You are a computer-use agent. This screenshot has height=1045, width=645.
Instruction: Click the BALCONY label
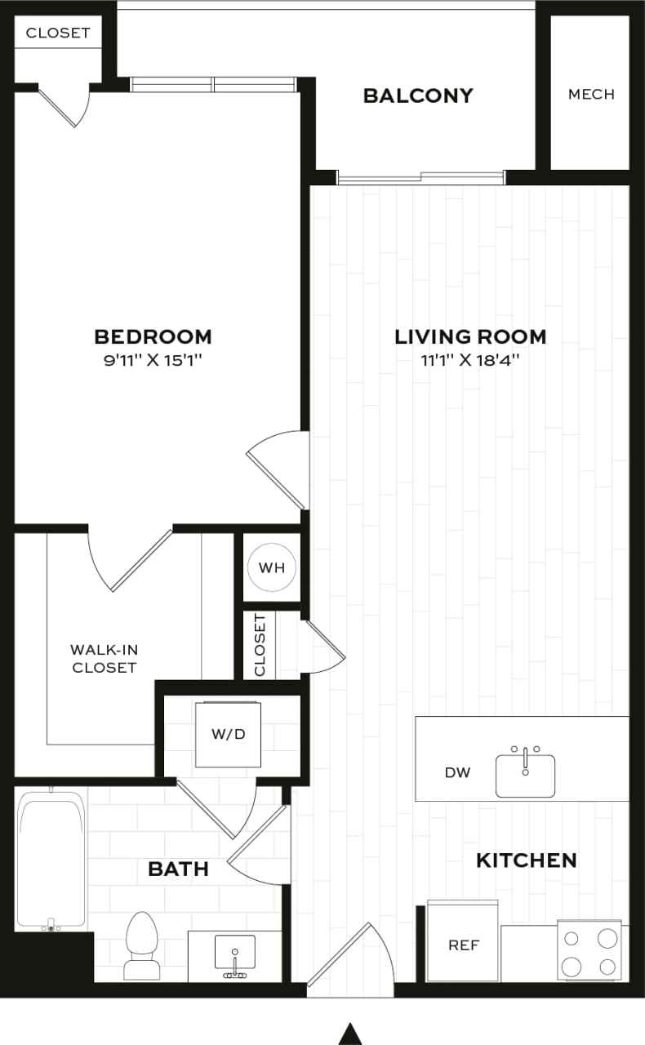tap(418, 96)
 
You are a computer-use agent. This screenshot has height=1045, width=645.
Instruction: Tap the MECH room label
tap(591, 94)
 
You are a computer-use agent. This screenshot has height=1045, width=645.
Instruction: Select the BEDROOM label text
tap(153, 336)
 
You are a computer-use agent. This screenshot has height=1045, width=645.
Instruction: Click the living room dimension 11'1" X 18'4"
tap(470, 360)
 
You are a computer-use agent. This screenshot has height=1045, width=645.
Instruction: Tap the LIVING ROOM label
tap(470, 336)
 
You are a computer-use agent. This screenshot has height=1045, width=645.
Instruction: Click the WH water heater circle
tap(272, 567)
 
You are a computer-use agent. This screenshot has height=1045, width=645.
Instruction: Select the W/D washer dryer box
tap(229, 734)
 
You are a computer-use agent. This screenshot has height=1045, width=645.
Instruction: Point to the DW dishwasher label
tap(458, 772)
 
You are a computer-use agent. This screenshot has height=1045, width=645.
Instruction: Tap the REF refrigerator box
tap(463, 945)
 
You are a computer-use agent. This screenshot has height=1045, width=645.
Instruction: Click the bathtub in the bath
tap(51, 860)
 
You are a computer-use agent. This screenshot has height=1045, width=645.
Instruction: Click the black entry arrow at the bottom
tap(350, 1033)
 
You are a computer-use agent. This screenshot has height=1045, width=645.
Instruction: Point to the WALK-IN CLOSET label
tap(103, 659)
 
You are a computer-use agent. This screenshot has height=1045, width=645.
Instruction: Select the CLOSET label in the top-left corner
tap(58, 33)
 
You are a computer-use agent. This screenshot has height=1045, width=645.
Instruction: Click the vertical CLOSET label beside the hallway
tap(260, 645)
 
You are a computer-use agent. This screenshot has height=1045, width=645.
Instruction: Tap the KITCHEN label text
tap(526, 860)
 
